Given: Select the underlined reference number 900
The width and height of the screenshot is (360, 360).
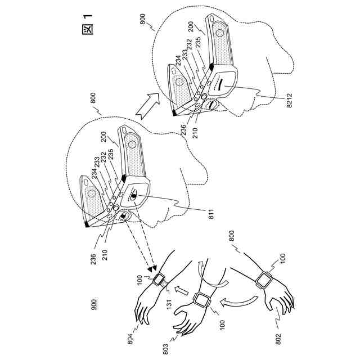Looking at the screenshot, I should pyautogui.click(x=94, y=305).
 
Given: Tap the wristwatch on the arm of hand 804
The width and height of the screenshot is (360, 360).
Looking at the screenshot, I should pyautogui.click(x=160, y=279).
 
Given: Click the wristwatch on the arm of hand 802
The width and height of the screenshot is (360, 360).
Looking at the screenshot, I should pyautogui.click(x=263, y=280).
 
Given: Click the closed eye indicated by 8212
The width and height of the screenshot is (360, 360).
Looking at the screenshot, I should pyautogui.click(x=218, y=88).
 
